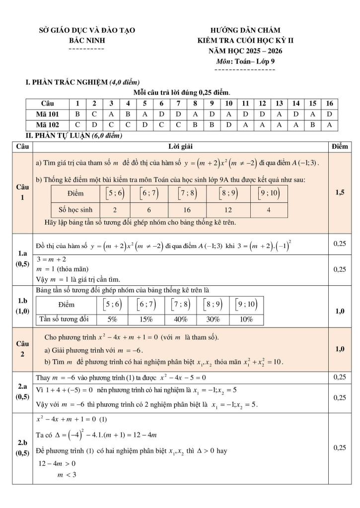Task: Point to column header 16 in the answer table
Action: coord(329,103)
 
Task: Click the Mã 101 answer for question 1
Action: coord(77,114)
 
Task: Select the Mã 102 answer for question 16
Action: coord(329,125)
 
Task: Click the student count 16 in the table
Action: coord(187,210)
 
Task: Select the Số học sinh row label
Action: coord(73,210)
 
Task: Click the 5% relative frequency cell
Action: coord(112,319)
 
